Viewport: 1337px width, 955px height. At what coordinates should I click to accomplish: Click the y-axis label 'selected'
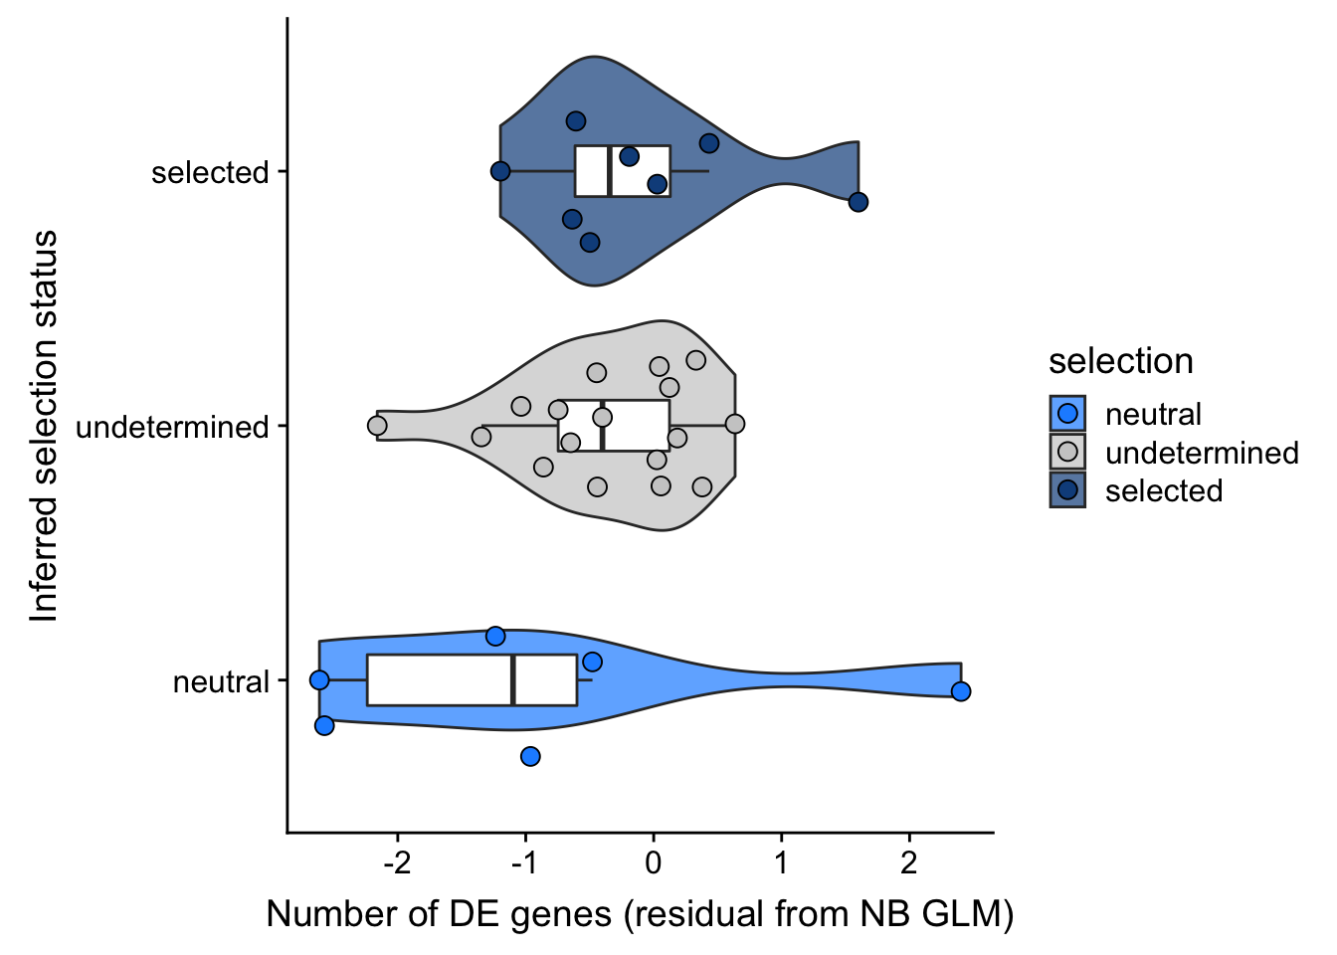tap(210, 172)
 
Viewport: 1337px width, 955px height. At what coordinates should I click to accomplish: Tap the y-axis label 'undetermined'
tap(172, 427)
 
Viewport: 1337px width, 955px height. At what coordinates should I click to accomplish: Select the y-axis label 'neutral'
tap(221, 681)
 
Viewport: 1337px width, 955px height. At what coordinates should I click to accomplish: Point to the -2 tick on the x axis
tap(397, 861)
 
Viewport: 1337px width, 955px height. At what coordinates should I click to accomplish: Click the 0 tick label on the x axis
tap(653, 861)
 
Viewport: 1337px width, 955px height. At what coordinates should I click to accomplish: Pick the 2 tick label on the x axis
tap(908, 861)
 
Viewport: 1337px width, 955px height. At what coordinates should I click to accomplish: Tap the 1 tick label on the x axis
tap(781, 861)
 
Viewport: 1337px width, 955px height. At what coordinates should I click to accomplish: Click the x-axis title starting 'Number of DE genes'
tap(640, 913)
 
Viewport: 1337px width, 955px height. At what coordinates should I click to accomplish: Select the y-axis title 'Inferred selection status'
tap(44, 426)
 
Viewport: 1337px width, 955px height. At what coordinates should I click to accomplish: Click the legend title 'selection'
tap(1120, 361)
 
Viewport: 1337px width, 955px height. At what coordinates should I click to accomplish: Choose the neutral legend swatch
tap(1067, 414)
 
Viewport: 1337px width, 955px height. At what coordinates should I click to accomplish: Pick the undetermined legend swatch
tap(1067, 453)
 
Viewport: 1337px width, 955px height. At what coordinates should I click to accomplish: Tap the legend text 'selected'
tap(1163, 490)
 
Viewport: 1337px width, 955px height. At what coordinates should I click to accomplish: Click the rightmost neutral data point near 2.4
tap(960, 691)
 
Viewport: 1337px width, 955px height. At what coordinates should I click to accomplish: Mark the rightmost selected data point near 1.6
tap(859, 202)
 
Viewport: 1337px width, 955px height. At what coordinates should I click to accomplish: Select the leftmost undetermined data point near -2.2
tap(377, 426)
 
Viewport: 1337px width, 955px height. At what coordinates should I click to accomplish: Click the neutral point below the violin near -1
tap(530, 757)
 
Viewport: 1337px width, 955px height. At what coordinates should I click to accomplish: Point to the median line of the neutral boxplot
tap(512, 680)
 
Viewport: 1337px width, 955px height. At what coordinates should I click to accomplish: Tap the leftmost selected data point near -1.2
tap(500, 171)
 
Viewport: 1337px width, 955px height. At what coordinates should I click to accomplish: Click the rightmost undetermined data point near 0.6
tap(735, 424)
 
